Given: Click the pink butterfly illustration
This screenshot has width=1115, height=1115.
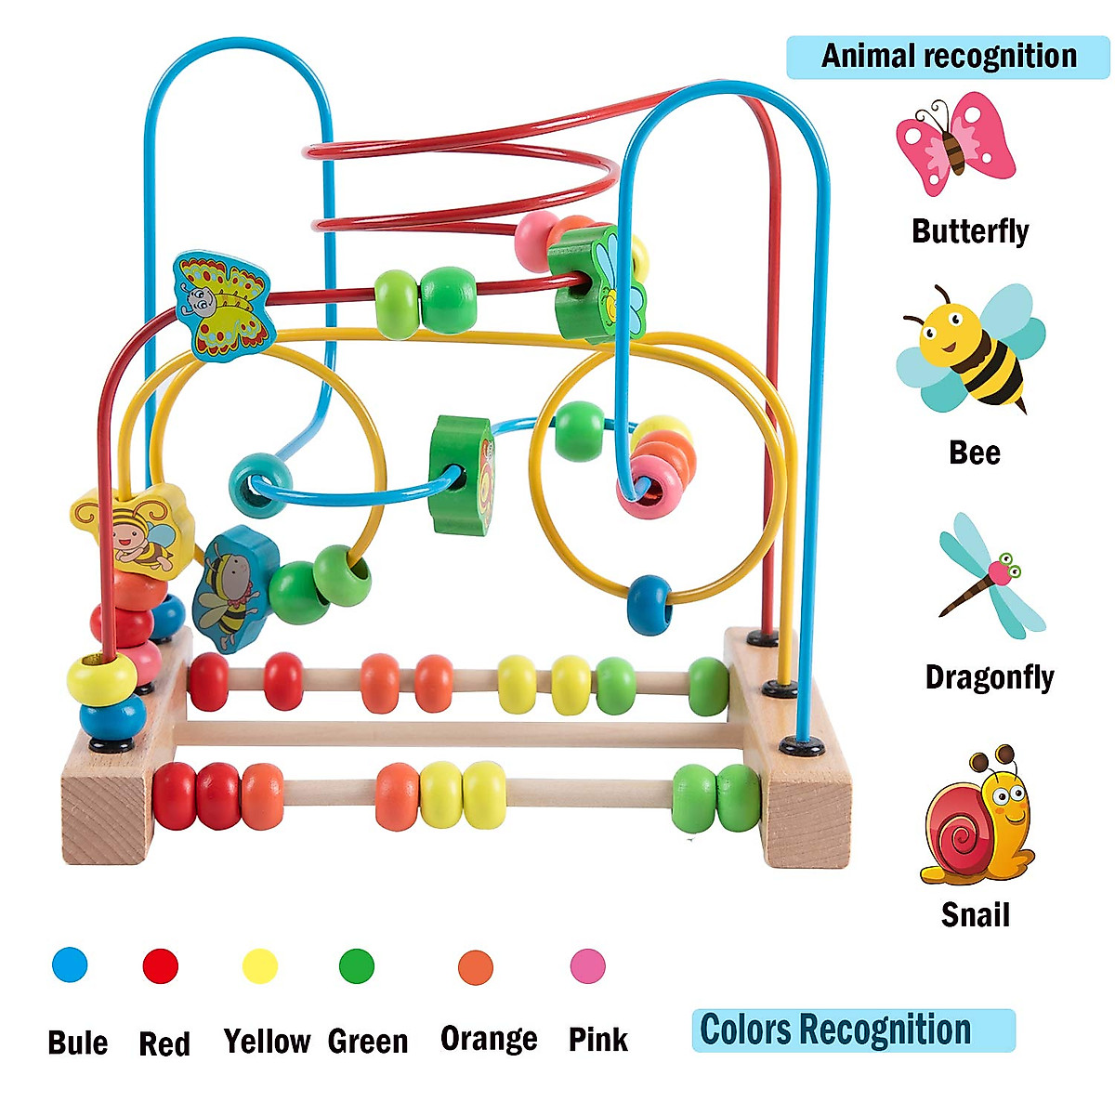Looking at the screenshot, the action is [955, 142].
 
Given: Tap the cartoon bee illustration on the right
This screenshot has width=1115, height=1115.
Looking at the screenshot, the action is [971, 348].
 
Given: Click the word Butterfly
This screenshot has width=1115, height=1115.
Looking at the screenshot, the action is [970, 231].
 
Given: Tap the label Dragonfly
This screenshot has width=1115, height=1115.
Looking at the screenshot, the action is [990, 677].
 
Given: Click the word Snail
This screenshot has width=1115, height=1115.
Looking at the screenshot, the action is [975, 915].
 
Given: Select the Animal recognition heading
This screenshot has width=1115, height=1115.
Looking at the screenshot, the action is [949, 57].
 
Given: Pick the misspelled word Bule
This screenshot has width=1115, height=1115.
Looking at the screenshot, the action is [77, 1043].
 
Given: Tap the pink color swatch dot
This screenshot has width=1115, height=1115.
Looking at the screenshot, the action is [588, 965].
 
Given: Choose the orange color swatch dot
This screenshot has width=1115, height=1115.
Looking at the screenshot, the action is [476, 967].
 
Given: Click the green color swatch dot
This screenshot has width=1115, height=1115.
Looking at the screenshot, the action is [357, 965].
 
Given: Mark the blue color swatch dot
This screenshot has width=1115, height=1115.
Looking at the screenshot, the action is [70, 964].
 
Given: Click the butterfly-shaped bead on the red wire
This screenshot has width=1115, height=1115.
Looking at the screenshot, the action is [225, 305].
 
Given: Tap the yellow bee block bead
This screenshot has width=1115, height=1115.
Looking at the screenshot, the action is [133, 530].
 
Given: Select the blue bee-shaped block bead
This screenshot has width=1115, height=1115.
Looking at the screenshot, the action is [235, 589].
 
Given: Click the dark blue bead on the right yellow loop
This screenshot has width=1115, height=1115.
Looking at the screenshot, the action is [649, 605].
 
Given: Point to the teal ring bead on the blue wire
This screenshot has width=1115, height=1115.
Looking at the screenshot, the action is [260, 485].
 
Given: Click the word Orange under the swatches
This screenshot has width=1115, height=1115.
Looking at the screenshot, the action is [489, 1039].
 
